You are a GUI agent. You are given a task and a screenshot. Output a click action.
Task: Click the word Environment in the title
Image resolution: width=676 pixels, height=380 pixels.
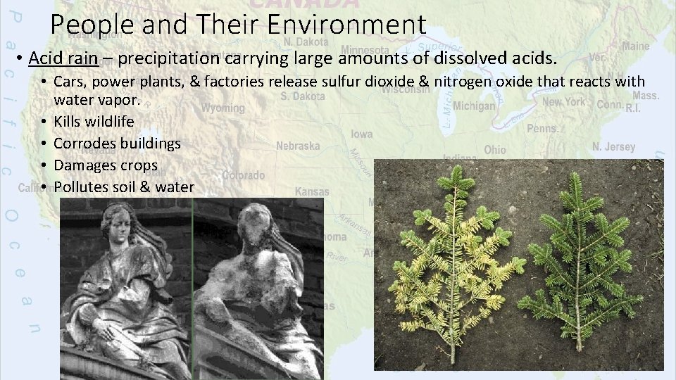tap(347, 25)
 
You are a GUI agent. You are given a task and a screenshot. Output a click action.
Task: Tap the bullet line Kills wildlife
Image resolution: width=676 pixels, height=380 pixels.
tap(94, 121)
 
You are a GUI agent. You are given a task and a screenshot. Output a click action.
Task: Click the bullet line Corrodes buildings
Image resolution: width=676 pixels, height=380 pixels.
tap(117, 143)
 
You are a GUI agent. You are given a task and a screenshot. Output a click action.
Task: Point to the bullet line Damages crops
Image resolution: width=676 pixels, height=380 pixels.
tap(106, 165)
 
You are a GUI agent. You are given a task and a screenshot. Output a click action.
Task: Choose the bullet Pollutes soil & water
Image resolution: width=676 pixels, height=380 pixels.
tap(123, 186)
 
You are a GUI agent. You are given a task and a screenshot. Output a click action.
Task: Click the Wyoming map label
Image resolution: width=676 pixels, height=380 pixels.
tap(223, 108)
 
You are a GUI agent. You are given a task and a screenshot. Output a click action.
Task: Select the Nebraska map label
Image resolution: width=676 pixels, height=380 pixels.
tap(297, 146)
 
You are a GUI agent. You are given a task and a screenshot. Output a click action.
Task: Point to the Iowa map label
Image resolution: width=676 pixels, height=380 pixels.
tap(361, 134)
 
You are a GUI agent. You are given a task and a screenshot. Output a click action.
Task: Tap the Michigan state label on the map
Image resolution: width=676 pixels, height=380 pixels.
tap(474, 106)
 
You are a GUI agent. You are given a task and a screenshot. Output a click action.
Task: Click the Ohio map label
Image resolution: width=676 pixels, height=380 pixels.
tap(494, 150)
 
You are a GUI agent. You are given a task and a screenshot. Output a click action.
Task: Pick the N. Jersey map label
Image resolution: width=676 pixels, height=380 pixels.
tap(613, 147)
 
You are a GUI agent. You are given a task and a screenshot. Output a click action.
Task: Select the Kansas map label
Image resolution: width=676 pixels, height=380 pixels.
tap(311, 191)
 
